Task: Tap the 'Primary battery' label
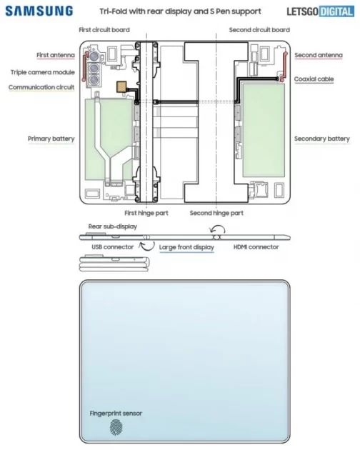click(51, 139)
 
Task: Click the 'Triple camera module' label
click(42, 71)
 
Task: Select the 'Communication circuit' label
click(41, 87)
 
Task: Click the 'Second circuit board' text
click(259, 30)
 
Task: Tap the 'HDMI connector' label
click(256, 247)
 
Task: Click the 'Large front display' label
click(186, 247)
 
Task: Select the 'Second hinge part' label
click(216, 213)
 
